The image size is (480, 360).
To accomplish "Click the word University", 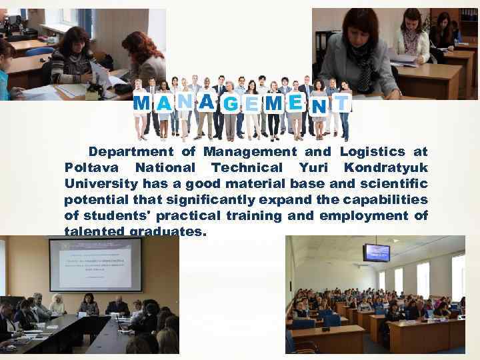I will pyautogui.click(x=97, y=183).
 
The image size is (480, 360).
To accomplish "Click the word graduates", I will pyautogui.click(x=171, y=231).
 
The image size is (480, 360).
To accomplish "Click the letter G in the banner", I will pyautogui.click(x=232, y=104).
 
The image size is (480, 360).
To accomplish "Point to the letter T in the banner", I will pyautogui.click(x=341, y=103).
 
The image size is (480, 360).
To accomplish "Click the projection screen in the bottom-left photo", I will pyautogui.click(x=95, y=264).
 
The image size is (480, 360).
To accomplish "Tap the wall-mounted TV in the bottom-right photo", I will pyautogui.click(x=377, y=253).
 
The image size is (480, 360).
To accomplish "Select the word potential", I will pyautogui.click(x=94, y=199).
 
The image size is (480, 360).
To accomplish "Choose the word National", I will pyautogui.click(x=164, y=168).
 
